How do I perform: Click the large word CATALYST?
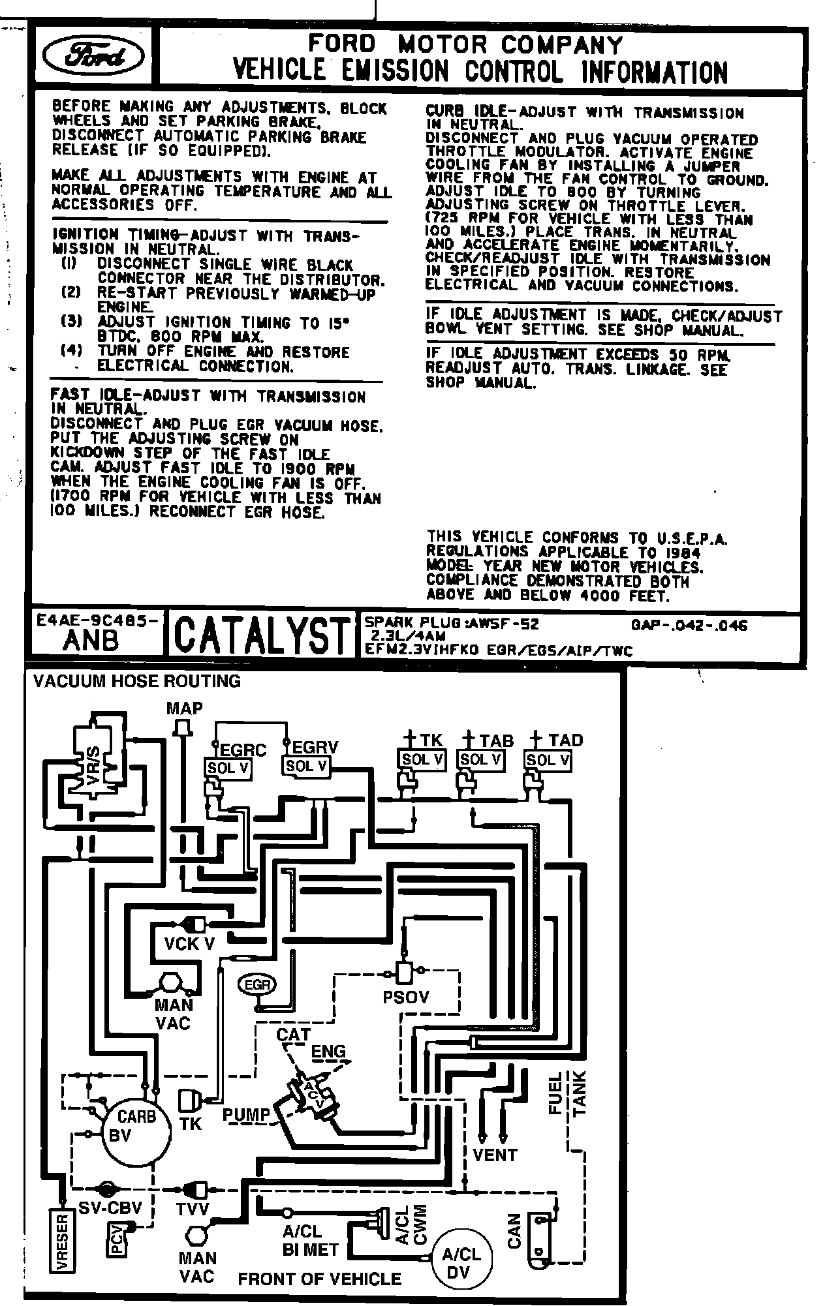261,634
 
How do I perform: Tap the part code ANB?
91,641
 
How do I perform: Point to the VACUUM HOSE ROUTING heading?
137,681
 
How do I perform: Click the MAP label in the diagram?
184,708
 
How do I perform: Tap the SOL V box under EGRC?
228,768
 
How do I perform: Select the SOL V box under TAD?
548,760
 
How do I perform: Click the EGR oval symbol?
257,984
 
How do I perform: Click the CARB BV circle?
136,1125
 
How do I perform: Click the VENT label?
494,1155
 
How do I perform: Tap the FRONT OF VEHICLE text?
319,1278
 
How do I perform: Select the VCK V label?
189,943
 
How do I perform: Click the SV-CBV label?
110,1207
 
